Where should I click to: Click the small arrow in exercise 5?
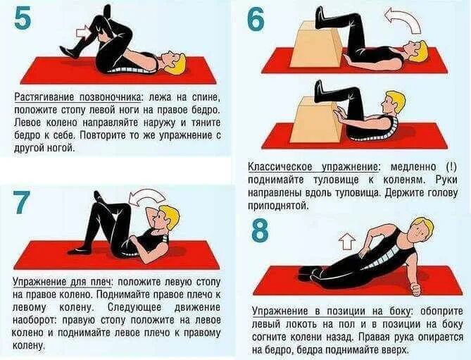click(84, 32)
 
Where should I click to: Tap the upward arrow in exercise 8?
click(346, 242)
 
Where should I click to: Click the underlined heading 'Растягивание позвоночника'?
click(73, 95)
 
